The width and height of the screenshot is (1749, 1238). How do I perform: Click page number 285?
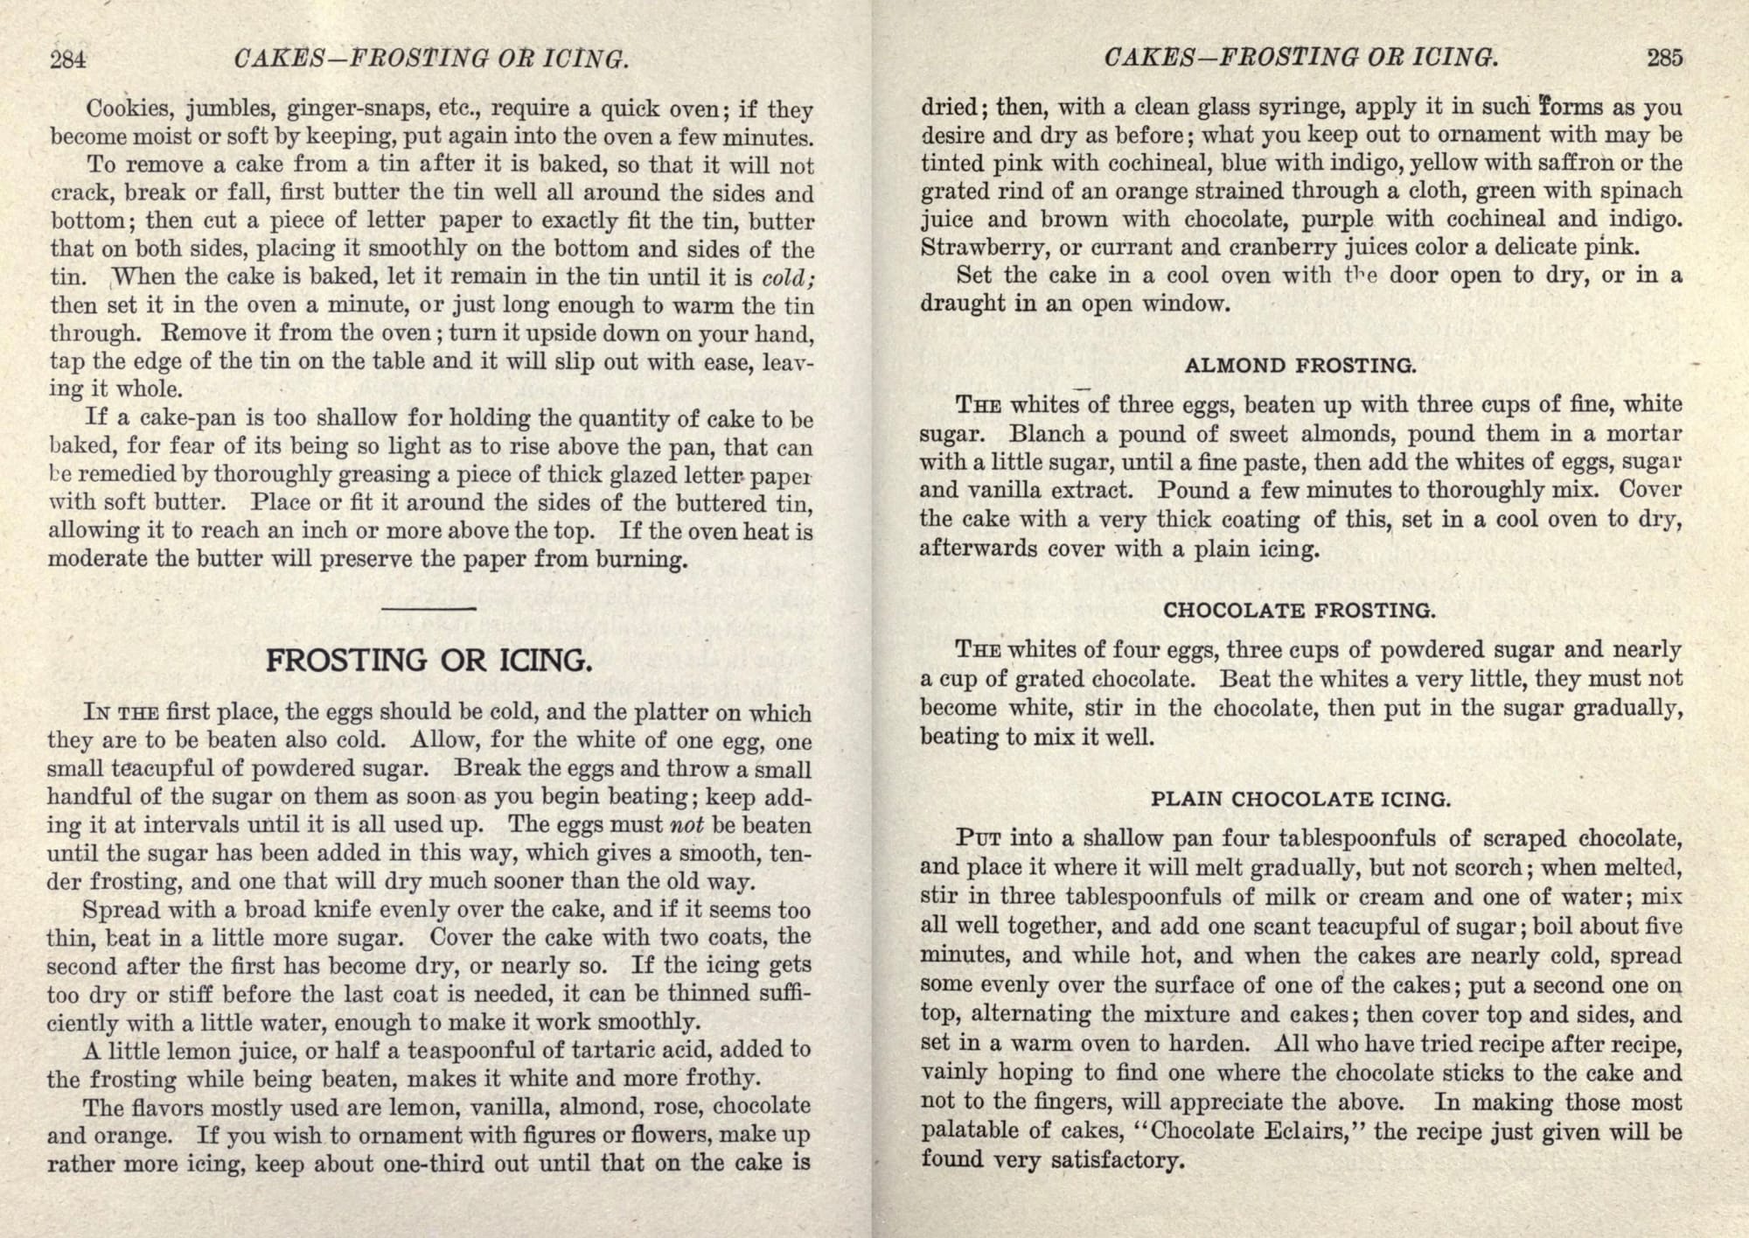[1664, 58]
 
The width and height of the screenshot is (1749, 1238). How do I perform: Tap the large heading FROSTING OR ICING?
[428, 660]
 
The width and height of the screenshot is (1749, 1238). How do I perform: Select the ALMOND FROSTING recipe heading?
[1300, 366]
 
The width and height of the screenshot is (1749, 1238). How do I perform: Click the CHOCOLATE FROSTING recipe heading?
[1300, 611]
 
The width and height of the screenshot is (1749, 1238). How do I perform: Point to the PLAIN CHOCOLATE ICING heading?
[1300, 799]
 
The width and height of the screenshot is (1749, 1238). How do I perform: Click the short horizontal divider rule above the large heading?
[429, 608]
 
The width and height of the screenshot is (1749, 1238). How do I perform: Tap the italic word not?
[686, 825]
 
